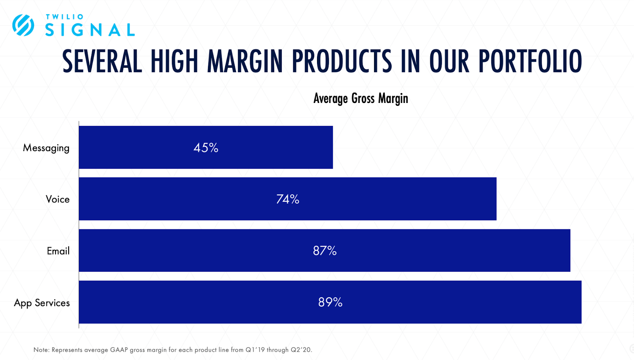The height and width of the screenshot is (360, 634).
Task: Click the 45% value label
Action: point(206,148)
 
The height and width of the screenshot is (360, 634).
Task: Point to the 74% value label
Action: point(288,199)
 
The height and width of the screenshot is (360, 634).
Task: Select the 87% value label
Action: point(325,251)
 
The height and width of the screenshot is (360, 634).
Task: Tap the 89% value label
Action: point(330,302)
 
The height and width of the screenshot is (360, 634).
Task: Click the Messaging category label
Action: point(46,148)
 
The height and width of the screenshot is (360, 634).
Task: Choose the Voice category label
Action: point(57,199)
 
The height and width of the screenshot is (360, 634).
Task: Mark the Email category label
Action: point(58,251)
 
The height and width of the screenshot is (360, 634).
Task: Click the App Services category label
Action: point(42,303)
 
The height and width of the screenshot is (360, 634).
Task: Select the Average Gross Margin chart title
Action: point(361,98)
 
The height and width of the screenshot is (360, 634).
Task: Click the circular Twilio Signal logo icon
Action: point(23,25)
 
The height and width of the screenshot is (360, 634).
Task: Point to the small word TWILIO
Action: point(65,17)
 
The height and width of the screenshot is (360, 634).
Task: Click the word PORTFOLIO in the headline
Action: point(530,61)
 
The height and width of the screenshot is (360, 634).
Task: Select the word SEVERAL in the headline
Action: point(102,61)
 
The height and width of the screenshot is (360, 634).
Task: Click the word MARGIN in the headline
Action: point(245,61)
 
